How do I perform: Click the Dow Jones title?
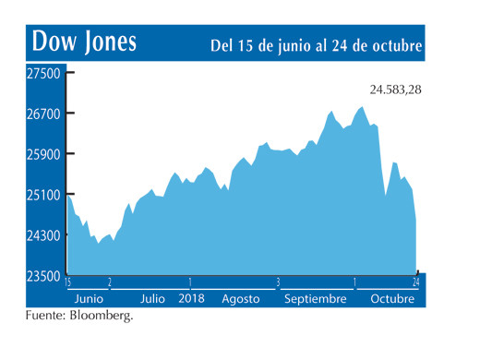[84, 42]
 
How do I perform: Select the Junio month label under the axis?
[89, 299]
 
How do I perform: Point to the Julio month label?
[152, 299]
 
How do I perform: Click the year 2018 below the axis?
[191, 299]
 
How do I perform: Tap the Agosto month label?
[241, 299]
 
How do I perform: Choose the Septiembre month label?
[316, 299]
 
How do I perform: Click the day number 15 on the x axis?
[68, 282]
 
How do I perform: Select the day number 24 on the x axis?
[416, 282]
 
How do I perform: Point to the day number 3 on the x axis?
[277, 282]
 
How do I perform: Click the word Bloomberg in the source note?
[102, 317]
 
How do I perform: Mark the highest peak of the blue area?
[362, 107]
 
